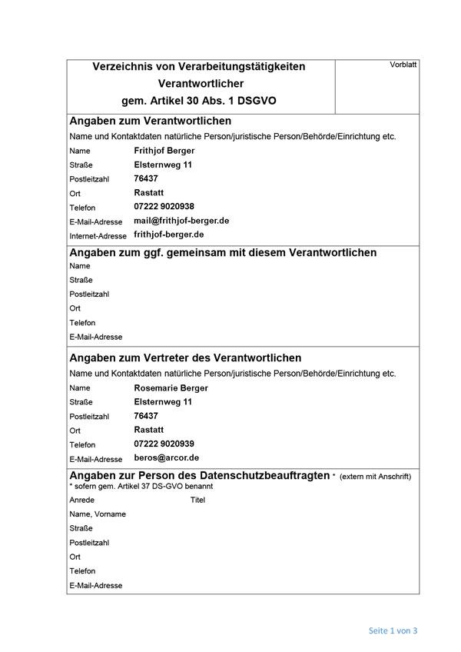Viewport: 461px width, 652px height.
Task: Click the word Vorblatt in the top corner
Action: coord(403,65)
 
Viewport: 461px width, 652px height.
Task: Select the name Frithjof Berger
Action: coord(164,151)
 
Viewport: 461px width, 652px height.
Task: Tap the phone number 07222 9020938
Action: coord(164,206)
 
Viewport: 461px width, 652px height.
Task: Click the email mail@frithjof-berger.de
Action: coord(181,220)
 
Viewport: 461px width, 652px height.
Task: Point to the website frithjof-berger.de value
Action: coord(169,234)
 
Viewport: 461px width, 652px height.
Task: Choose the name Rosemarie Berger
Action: coord(171,388)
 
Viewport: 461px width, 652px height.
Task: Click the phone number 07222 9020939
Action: coord(164,444)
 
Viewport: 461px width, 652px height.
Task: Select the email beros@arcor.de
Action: coord(166,457)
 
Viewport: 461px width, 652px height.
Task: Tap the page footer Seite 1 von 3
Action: coord(393,630)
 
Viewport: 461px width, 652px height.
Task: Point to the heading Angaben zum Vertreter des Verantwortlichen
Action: coord(185,358)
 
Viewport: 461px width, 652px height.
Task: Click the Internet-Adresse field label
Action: coord(98,235)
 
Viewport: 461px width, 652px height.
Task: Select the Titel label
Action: coord(197,500)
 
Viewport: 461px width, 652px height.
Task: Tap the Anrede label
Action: coord(81,500)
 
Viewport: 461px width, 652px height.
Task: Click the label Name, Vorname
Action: coord(98,514)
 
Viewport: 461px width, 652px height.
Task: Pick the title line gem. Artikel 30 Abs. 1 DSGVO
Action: coord(198,101)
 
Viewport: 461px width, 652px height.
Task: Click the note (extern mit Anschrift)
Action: coord(375,477)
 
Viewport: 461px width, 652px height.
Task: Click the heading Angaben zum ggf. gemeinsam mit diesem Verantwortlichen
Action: coord(223,252)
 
